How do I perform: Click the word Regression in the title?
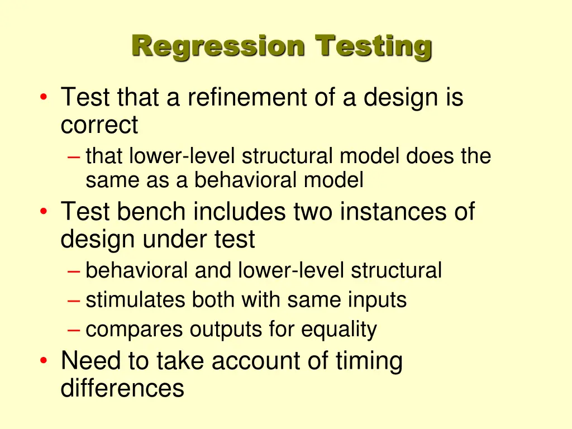pyautogui.click(x=218, y=47)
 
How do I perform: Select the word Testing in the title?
pyautogui.click(x=373, y=47)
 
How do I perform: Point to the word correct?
pyautogui.click(x=99, y=125)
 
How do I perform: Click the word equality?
pyautogui.click(x=339, y=330)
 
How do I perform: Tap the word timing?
pyautogui.click(x=369, y=361)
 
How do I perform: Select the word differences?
pyautogui.click(x=122, y=388)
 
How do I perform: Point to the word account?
pyautogui.click(x=254, y=361)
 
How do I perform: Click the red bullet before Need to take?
pyautogui.click(x=44, y=361)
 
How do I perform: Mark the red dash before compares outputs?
pyautogui.click(x=74, y=330)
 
